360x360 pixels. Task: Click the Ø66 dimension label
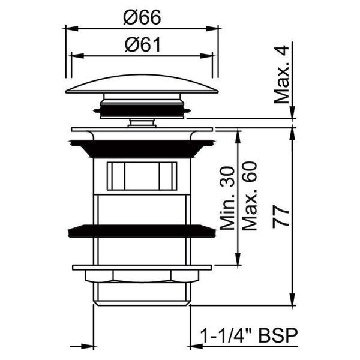click(x=142, y=17)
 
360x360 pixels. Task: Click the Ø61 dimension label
click(x=143, y=45)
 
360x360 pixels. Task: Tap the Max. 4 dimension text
click(x=281, y=74)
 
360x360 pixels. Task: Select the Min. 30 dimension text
click(x=227, y=198)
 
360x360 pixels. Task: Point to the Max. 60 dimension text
click(x=250, y=196)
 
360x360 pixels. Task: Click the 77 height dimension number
click(x=281, y=217)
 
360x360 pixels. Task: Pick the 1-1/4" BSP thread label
click(x=249, y=335)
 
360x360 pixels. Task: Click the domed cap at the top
click(x=142, y=84)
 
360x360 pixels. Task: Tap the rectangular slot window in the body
click(x=142, y=176)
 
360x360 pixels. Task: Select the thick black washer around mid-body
click(x=142, y=231)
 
